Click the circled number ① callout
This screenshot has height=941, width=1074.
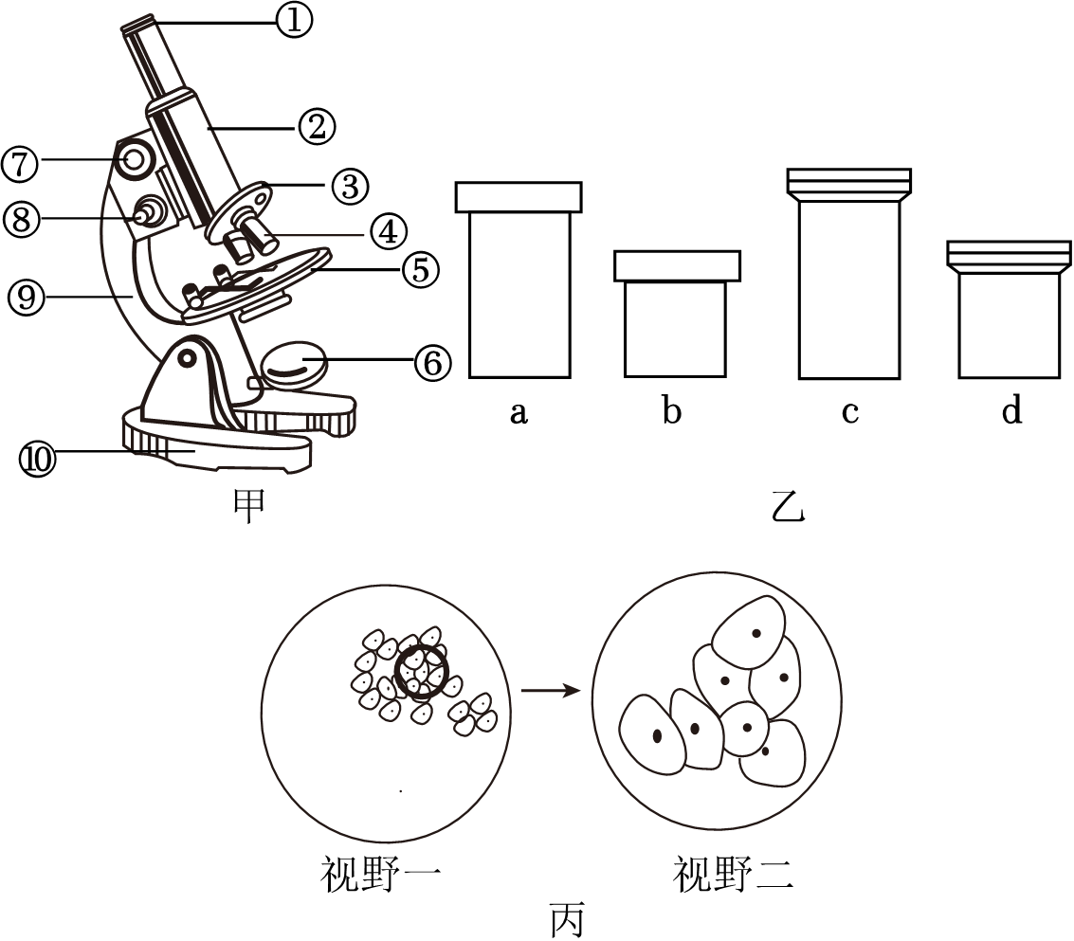coord(294,20)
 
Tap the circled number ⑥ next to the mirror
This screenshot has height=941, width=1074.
coord(431,361)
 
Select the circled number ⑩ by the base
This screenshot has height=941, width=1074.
coord(38,459)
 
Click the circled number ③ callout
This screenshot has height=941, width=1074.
coord(350,186)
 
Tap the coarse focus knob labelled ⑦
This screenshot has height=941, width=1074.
coord(135,157)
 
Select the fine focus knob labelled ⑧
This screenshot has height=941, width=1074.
coord(148,213)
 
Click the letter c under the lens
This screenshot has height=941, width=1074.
coord(850,413)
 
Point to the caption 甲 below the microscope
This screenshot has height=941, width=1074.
coord(248,505)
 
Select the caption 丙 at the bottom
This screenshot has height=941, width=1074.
coord(569,918)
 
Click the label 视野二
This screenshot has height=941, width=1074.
coord(733,873)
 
